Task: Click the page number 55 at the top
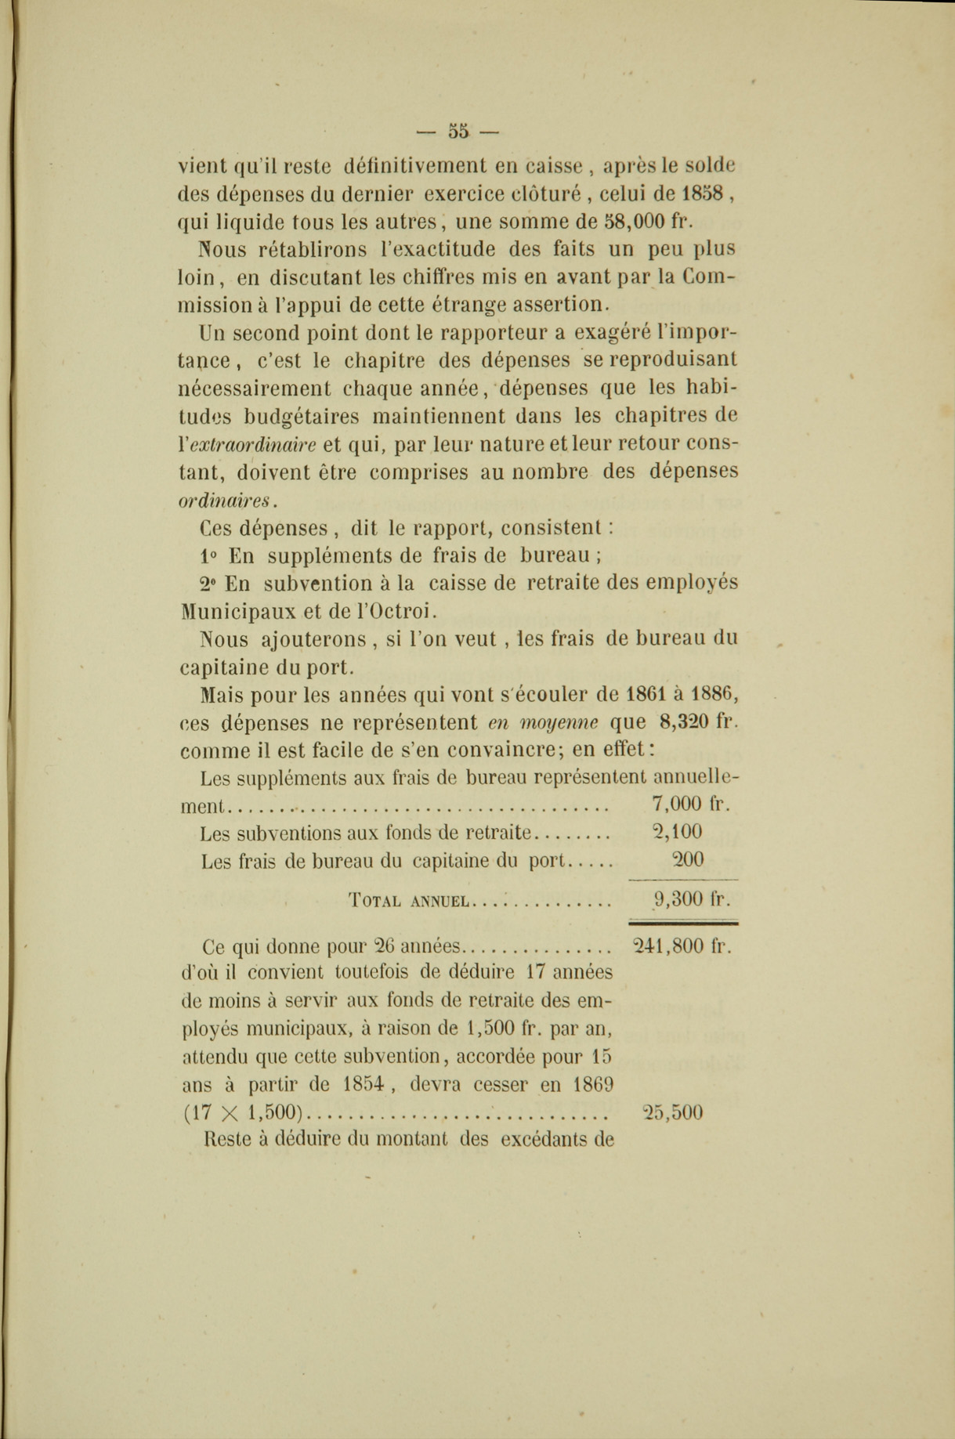[458, 131]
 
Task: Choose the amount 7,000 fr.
[689, 804]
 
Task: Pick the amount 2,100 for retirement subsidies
[677, 831]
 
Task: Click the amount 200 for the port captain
[687, 859]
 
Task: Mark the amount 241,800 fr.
[682, 945]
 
